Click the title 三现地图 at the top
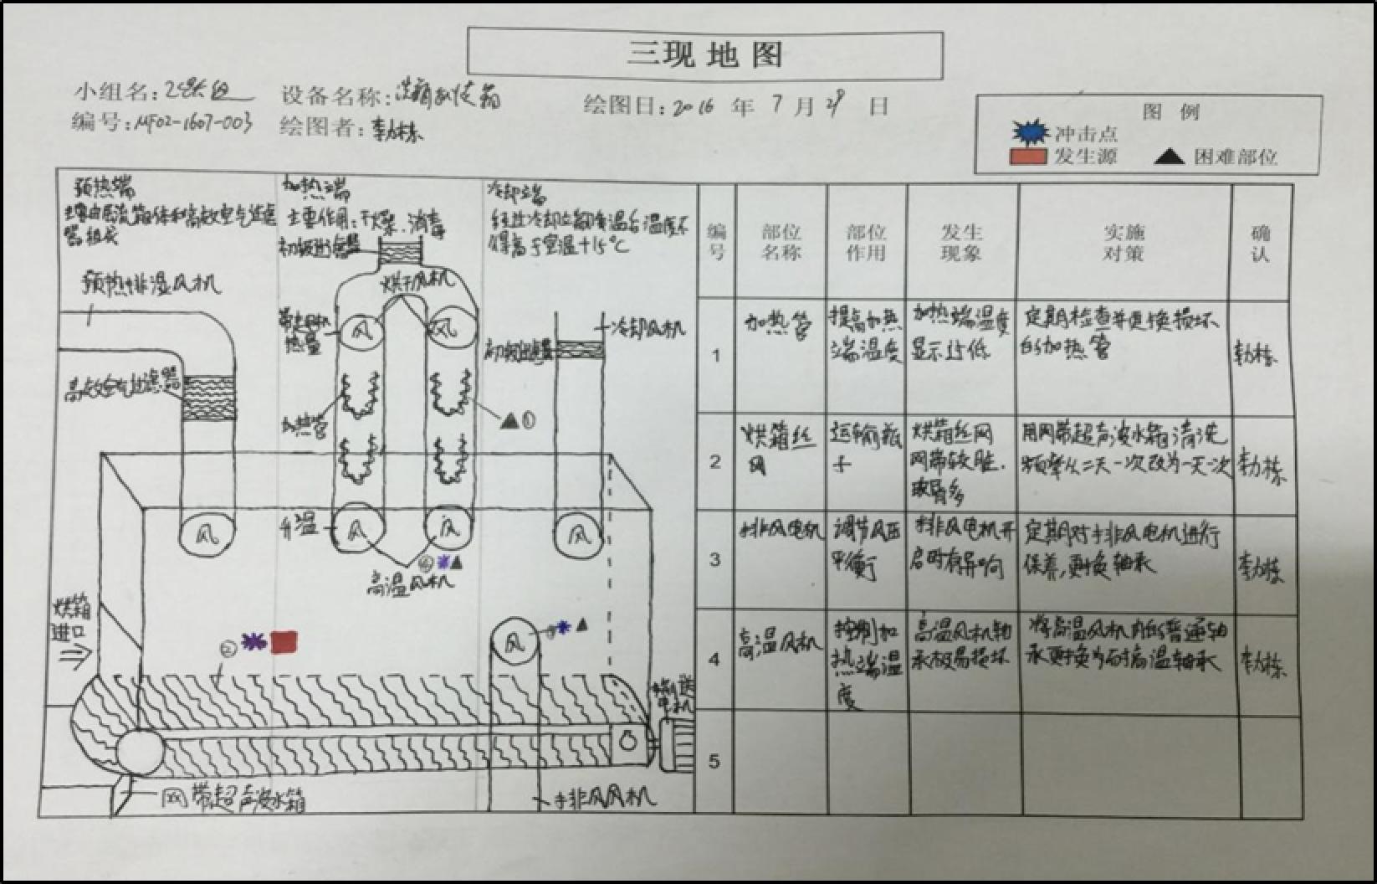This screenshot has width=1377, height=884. point(705,54)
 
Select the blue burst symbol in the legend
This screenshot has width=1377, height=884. point(1030,132)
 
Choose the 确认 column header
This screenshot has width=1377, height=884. point(1260,242)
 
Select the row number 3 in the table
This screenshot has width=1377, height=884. point(714,559)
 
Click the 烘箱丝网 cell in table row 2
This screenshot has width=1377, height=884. point(778,448)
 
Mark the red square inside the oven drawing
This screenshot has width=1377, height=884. point(284,642)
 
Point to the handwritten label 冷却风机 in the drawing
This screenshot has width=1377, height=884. point(648,327)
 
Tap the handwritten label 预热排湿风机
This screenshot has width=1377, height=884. point(151,284)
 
